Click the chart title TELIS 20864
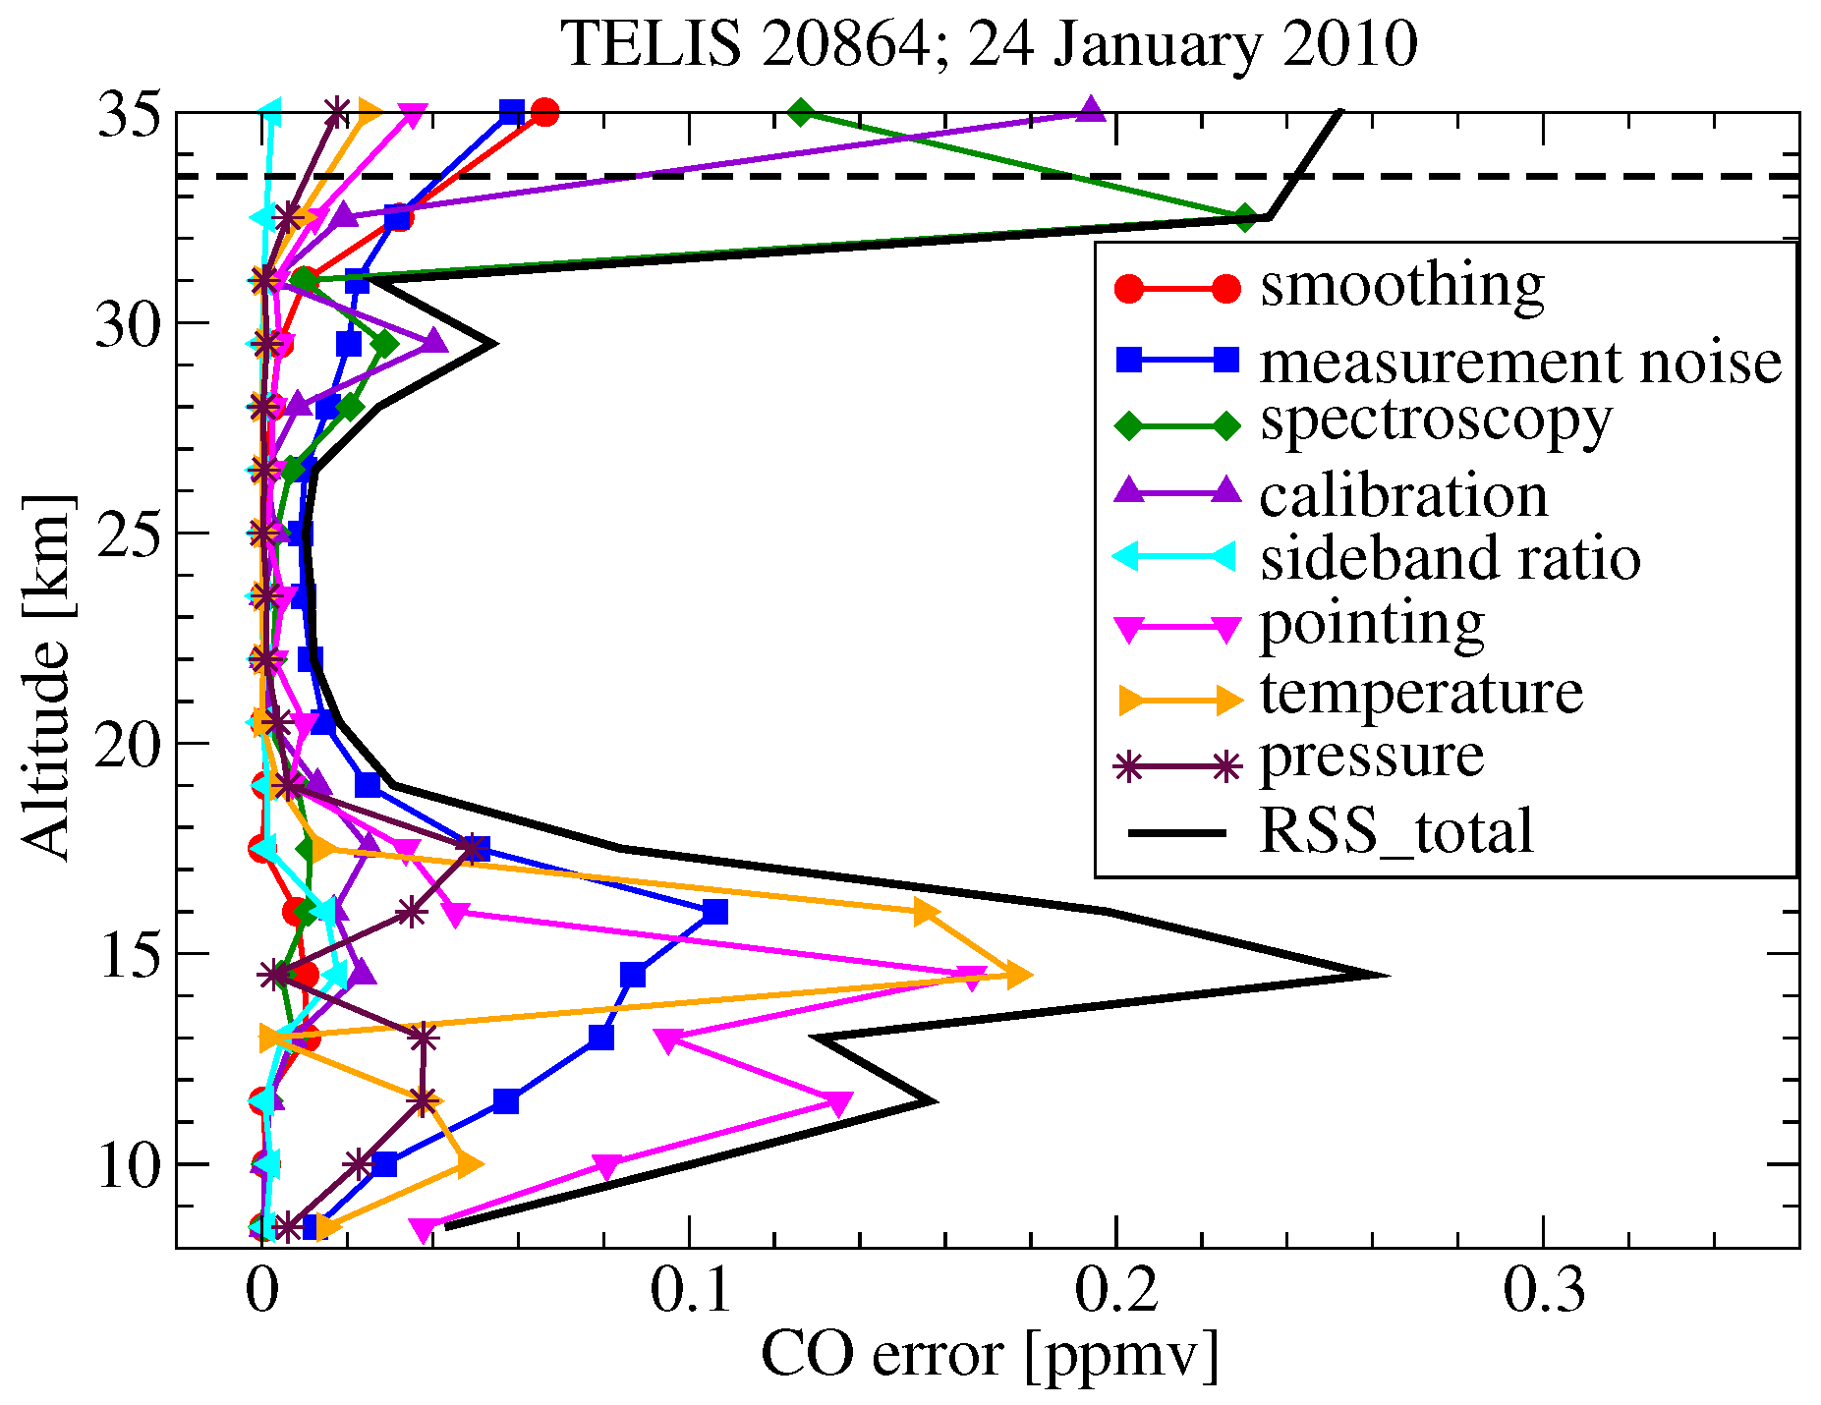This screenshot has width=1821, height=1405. (x=989, y=45)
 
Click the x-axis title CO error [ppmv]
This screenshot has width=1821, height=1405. (x=989, y=1357)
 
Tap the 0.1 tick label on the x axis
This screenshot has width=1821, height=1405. (x=690, y=1292)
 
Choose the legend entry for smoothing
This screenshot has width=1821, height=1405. (x=1401, y=286)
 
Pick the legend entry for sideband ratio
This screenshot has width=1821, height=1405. (x=1450, y=558)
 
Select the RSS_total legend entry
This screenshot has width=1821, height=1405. (x=1395, y=831)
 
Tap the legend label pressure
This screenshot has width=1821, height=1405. (x=1371, y=757)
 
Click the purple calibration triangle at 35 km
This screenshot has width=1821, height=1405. (x=1091, y=110)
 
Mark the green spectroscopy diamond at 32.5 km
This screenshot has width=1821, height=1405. (x=1245, y=218)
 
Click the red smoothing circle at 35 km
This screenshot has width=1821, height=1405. (x=545, y=112)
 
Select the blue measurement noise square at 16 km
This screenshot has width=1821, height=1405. (x=715, y=912)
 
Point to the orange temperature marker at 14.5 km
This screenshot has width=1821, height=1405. (x=1018, y=976)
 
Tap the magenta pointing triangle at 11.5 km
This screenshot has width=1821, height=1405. (x=837, y=1103)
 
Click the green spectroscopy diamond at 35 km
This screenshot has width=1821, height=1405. (x=801, y=112)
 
